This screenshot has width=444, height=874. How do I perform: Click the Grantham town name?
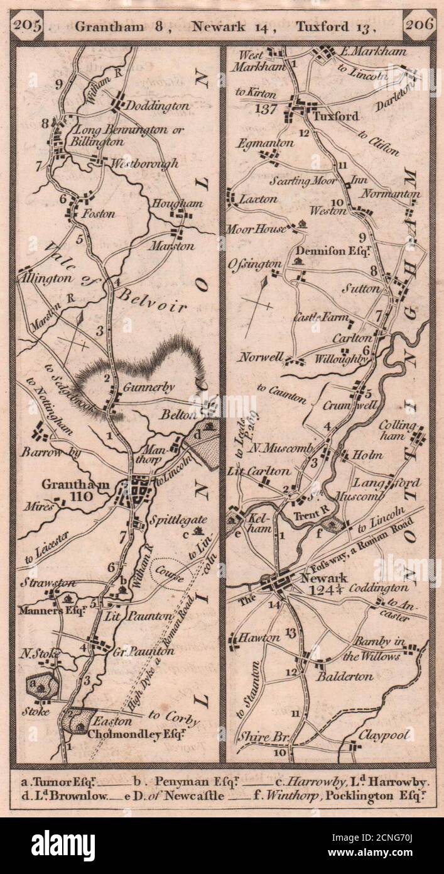[x=67, y=484]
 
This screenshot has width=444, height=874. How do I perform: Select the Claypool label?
[x=384, y=735]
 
